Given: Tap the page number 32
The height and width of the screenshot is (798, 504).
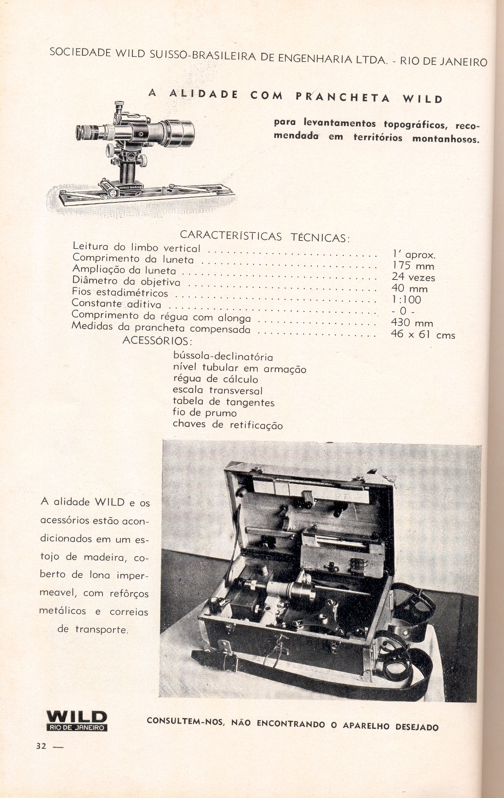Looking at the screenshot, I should pos(41,746).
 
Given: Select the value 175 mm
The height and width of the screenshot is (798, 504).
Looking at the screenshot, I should pos(413,266).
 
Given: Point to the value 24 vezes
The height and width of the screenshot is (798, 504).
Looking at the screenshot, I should pos(413,277).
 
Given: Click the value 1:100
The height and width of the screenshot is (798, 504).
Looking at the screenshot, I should pos(406,300).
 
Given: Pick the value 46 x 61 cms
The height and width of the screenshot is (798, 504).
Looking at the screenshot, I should pos(423,334).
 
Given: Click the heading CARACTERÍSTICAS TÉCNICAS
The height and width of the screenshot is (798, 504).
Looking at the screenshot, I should pos(265,235).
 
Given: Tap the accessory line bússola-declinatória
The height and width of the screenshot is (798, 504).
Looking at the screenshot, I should pos(223,356).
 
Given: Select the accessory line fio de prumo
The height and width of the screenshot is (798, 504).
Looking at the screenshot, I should pos(205,413).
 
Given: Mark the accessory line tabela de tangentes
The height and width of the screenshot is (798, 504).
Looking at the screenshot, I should pos(223,402).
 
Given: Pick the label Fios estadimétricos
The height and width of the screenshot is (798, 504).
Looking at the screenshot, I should pos(120,293).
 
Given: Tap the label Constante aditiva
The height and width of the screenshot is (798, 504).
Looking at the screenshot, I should pos(116,304).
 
